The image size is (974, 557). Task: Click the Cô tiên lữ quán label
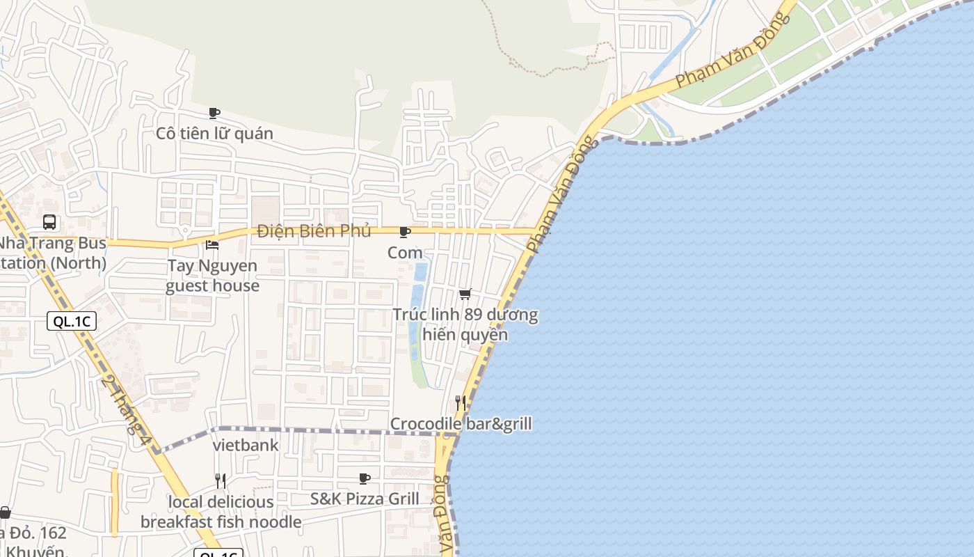[214, 133]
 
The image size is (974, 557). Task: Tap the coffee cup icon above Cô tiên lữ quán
[214, 113]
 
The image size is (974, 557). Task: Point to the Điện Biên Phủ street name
[314, 231]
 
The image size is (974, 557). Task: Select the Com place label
[405, 253]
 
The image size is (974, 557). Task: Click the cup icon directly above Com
[404, 232]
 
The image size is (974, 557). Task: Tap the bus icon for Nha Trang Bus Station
[49, 222]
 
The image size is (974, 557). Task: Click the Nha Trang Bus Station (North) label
[53, 253]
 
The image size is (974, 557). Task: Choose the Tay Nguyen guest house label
[212, 276]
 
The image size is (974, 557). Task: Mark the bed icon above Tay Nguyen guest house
[212, 245]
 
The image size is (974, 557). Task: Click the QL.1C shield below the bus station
[72, 321]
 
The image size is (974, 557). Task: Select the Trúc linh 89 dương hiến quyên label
[465, 324]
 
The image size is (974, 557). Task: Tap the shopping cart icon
[465, 295]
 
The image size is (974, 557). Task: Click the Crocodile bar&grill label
[461, 424]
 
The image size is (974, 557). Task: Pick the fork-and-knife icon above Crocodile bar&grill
[460, 402]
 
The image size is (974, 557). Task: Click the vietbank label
[246, 446]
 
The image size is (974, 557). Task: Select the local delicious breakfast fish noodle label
[221, 512]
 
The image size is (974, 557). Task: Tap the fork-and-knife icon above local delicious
[220, 481]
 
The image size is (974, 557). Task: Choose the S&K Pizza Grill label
[365, 499]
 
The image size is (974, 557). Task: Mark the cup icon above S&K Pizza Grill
[364, 478]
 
